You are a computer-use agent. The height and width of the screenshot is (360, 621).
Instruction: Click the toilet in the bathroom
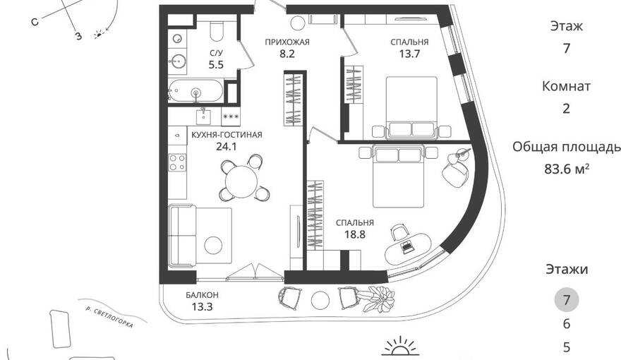(216, 30)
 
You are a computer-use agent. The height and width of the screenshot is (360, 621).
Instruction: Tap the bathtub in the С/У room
(195, 90)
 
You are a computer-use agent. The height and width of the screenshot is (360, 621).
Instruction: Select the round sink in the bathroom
(178, 62)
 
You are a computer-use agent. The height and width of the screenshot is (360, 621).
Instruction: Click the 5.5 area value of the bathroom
(216, 64)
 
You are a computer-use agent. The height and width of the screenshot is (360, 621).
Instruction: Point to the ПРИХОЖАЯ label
(287, 42)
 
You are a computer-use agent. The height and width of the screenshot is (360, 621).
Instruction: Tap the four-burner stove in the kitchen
(177, 162)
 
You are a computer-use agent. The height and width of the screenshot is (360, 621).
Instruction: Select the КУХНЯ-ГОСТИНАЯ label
(227, 135)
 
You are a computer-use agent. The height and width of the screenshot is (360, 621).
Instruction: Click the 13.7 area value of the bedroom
(409, 54)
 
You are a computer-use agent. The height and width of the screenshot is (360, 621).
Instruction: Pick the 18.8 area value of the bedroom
(354, 234)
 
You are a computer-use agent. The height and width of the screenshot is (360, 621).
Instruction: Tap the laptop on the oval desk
(406, 247)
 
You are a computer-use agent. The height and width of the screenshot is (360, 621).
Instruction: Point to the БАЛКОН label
(202, 295)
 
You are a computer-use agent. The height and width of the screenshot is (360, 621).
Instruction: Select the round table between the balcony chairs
(320, 301)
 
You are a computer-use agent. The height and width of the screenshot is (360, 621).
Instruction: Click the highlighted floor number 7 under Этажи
(567, 300)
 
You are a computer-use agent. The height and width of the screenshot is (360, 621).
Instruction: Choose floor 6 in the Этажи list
(567, 324)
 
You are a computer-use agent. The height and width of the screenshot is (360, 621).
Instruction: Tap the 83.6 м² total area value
(567, 169)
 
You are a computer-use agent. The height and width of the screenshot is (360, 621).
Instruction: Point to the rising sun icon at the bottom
(400, 346)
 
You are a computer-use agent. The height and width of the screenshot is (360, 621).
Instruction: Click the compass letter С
(35, 23)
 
